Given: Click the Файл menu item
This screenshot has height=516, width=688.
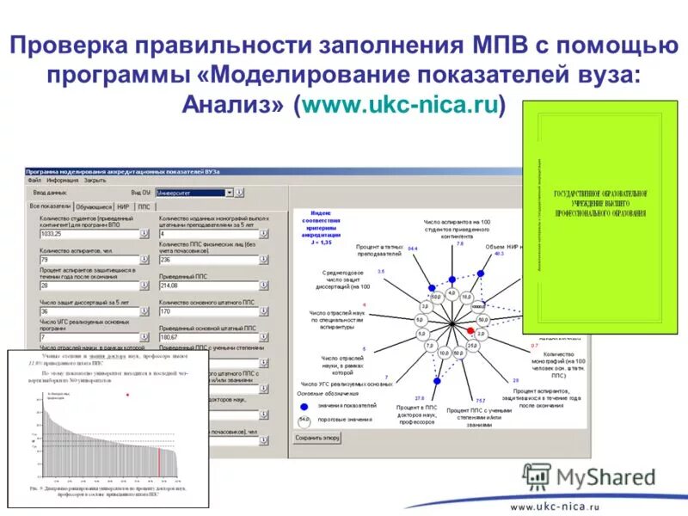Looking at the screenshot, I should pyautogui.click(x=34, y=181).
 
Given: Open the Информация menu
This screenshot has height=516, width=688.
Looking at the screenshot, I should pyautogui.click(x=63, y=181).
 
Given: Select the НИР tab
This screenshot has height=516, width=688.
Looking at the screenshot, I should pyautogui.click(x=123, y=206).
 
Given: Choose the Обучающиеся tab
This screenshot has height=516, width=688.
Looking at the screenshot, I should pyautogui.click(x=94, y=206).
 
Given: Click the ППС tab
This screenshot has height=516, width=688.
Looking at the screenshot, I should pyautogui.click(x=144, y=206).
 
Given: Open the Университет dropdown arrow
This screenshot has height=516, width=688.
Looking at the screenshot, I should pyautogui.click(x=230, y=193).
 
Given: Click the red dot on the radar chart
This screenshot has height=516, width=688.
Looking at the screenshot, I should pyautogui.click(x=470, y=330).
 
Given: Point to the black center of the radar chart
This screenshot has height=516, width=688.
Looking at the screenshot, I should pyautogui.click(x=452, y=323).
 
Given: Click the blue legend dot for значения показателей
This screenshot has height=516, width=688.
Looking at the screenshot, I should pyautogui.click(x=303, y=405).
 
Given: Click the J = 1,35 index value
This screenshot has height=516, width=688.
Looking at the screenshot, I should pyautogui.click(x=320, y=243).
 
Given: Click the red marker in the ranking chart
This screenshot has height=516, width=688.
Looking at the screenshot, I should pyautogui.click(x=127, y=395).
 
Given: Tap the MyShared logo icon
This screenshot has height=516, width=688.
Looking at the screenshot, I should pyautogui.click(x=537, y=476).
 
